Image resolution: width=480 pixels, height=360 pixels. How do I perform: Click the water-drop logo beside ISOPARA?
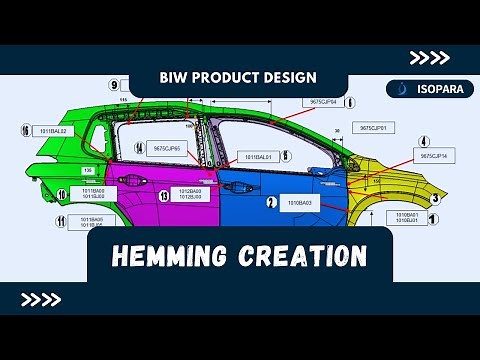point(402,88)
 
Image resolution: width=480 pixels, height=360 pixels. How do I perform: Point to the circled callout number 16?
point(24,130)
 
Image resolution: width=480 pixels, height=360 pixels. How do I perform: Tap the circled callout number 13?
point(163,196)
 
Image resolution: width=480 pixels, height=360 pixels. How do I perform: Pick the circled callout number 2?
point(271,201)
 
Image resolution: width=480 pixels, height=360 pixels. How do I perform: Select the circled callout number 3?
point(435,198)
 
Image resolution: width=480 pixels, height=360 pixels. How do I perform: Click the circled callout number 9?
point(114,85)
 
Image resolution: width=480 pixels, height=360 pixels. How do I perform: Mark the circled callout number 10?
point(61,195)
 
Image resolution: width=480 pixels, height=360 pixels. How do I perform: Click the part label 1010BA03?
point(300,203)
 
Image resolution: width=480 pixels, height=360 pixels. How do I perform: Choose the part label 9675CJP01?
point(380,128)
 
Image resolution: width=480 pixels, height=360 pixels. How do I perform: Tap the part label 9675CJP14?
point(437,156)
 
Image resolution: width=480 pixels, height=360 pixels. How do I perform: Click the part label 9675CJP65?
point(168,148)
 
